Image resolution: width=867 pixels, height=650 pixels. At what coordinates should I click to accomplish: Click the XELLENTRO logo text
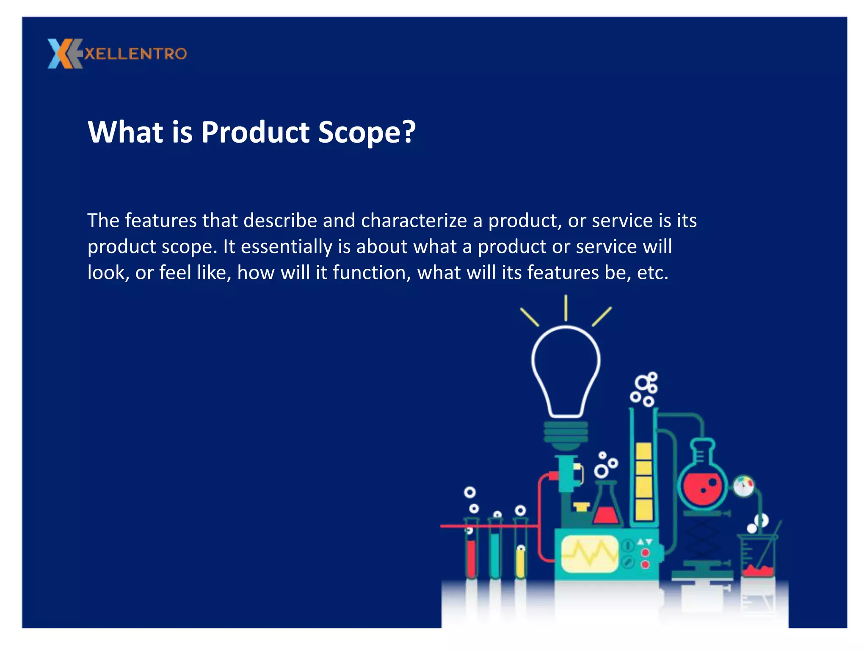click(x=135, y=54)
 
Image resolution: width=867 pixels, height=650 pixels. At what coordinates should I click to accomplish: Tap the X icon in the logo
click(x=64, y=54)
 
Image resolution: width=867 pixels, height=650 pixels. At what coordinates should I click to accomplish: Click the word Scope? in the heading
click(x=367, y=132)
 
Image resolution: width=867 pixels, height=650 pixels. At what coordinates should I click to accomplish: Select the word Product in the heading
click(x=255, y=132)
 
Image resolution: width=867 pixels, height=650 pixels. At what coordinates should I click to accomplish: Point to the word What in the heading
click(x=125, y=132)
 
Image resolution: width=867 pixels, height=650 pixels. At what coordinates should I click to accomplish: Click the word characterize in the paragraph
click(x=414, y=221)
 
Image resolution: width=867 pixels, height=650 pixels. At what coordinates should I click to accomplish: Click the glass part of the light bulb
click(x=566, y=368)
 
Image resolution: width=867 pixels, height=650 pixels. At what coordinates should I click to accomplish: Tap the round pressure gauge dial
click(x=743, y=486)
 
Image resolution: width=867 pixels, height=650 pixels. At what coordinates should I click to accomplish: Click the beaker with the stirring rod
click(x=758, y=556)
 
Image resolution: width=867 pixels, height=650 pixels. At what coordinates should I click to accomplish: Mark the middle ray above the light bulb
click(x=566, y=308)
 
